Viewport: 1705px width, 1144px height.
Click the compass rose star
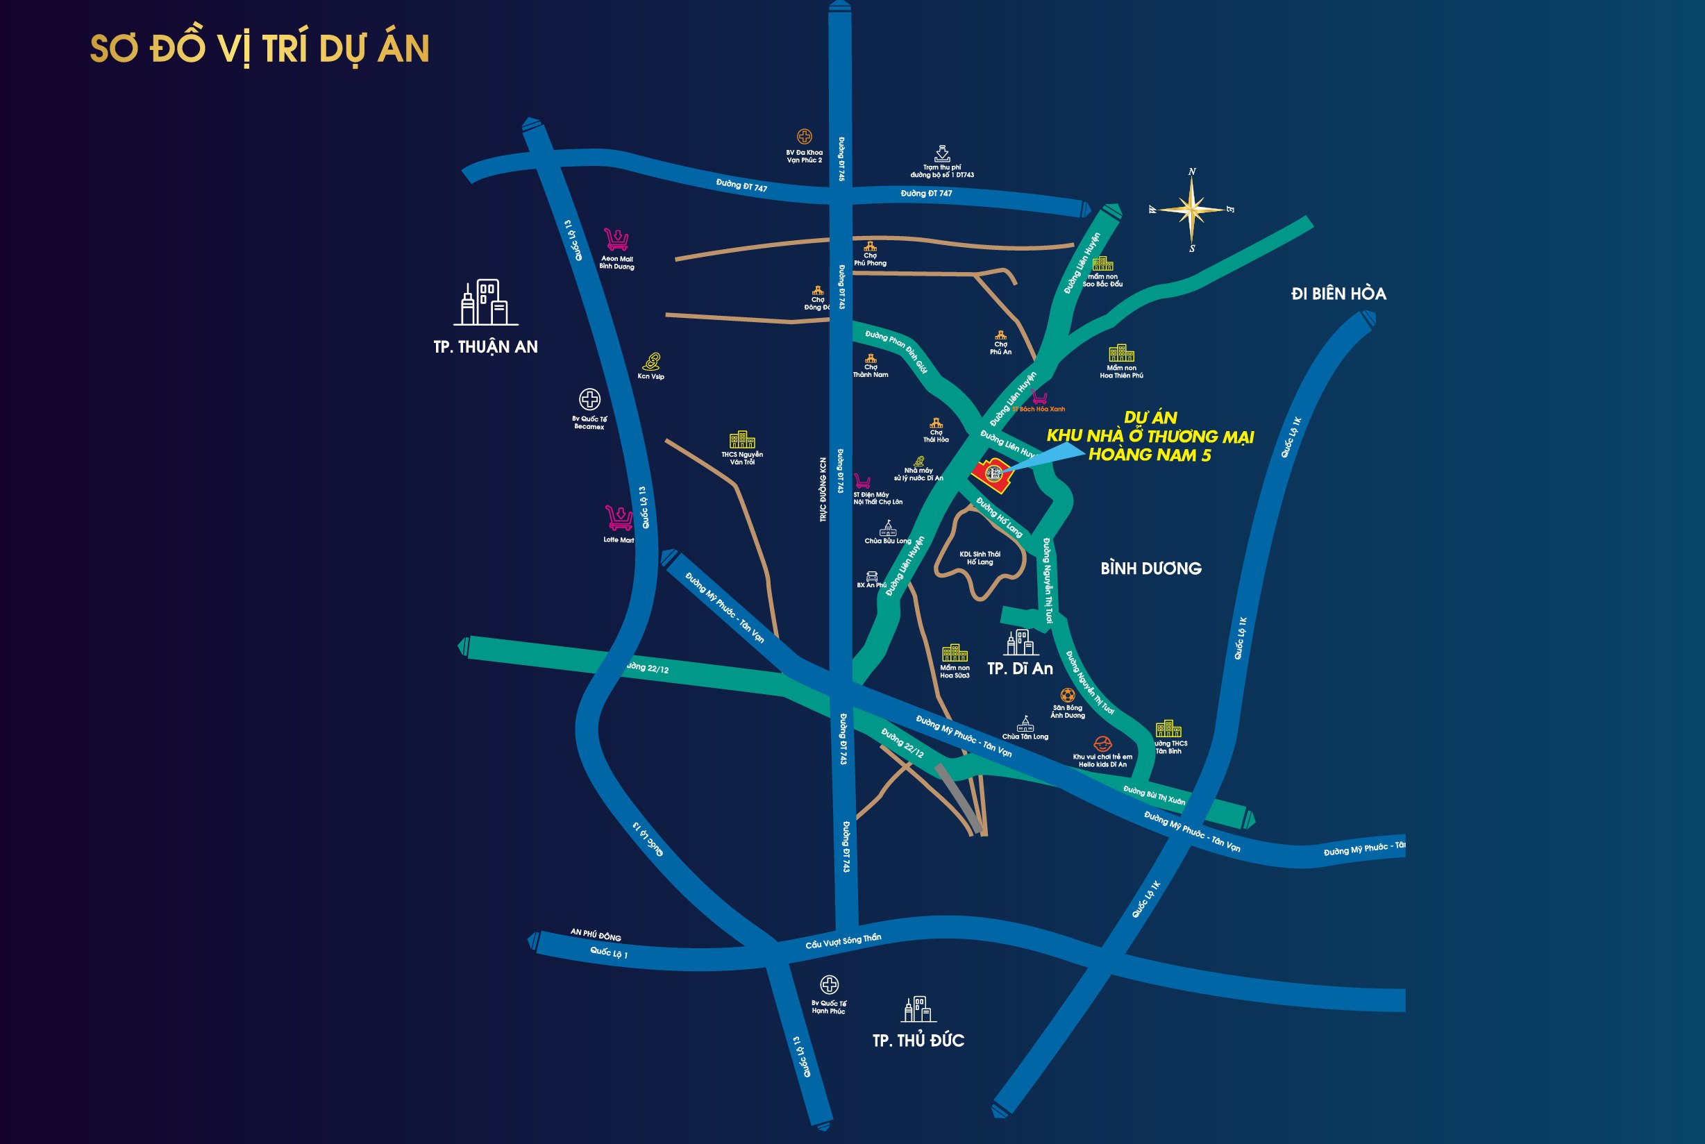click(x=1191, y=210)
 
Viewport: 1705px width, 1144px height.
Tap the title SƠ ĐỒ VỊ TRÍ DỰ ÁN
click(x=259, y=49)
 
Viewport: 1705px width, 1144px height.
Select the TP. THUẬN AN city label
click(x=485, y=346)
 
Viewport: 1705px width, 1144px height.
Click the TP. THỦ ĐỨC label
click(x=918, y=1041)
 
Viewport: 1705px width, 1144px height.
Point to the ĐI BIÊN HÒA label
click(x=1338, y=294)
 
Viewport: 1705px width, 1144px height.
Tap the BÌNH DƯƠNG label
click(x=1150, y=569)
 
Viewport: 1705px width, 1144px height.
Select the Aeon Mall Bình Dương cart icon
click(x=616, y=239)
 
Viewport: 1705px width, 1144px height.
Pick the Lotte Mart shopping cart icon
click(x=619, y=518)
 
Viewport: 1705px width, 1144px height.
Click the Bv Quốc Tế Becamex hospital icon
click(x=589, y=399)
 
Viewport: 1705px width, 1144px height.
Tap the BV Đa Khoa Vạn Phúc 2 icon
click(x=804, y=137)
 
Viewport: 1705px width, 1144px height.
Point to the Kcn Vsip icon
click(x=650, y=361)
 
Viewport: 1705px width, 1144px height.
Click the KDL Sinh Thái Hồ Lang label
click(x=980, y=558)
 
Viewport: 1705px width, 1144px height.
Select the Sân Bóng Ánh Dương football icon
click(x=1067, y=696)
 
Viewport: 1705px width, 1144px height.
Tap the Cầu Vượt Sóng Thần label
click(x=843, y=941)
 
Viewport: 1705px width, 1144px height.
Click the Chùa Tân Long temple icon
click(x=1025, y=724)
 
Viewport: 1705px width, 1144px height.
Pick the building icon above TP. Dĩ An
click(x=1020, y=643)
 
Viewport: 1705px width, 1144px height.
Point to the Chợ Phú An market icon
click(x=1000, y=335)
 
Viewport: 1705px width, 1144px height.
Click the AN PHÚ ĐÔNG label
click(x=596, y=934)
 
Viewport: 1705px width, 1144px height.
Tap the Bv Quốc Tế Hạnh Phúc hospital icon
click(x=829, y=985)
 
